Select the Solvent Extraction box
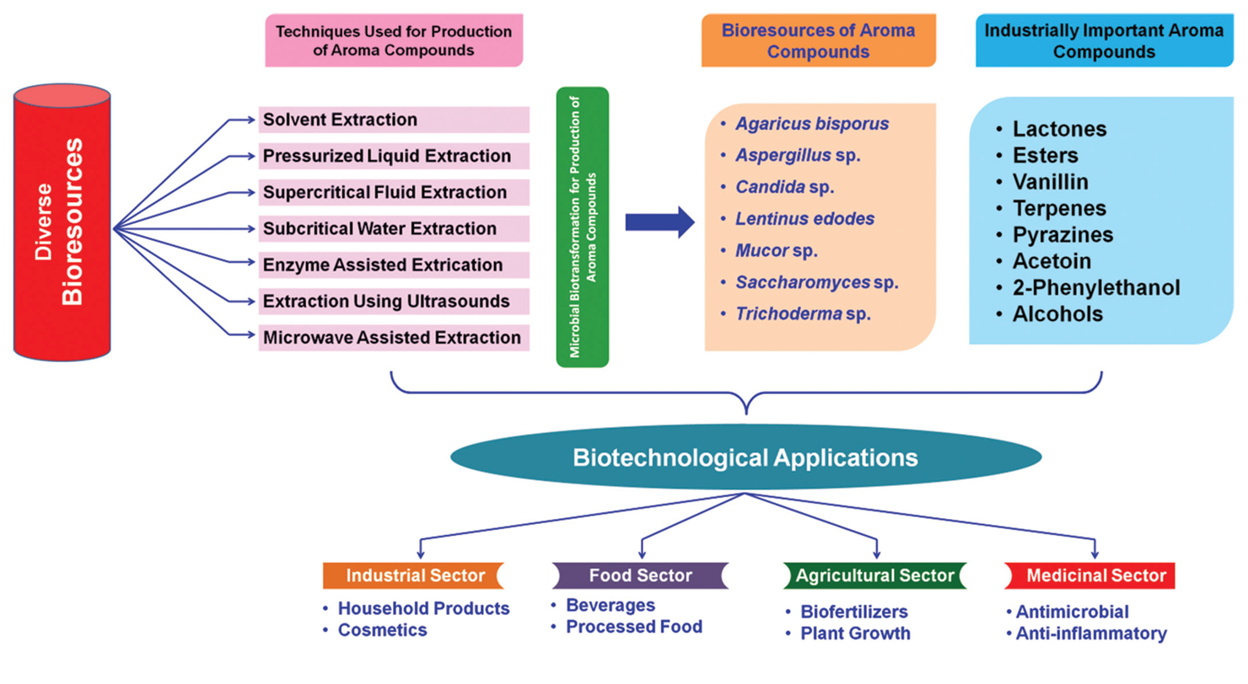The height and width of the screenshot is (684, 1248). pos(394,120)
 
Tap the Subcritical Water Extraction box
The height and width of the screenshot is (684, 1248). pos(394,228)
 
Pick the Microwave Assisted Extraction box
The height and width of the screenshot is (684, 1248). pos(394,338)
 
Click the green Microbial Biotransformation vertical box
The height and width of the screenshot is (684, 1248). pos(582,227)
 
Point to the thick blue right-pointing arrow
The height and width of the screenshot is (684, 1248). pos(659,222)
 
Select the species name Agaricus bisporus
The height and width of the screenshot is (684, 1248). pos(812,124)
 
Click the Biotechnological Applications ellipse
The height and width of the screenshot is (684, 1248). pos(745,458)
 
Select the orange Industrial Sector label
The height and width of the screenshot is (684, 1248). pos(412,576)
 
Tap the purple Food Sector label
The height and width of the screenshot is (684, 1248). pos(640,576)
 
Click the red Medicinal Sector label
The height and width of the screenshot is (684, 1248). pos(1095,576)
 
